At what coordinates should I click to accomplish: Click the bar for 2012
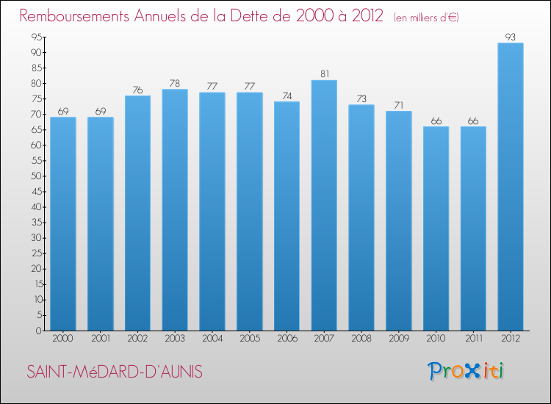click(x=511, y=187)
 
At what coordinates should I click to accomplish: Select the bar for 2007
click(x=324, y=205)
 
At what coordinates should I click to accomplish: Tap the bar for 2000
click(x=63, y=223)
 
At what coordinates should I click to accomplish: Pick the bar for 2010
click(x=436, y=228)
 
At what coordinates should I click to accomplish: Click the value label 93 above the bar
click(x=511, y=36)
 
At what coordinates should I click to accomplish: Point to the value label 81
click(x=324, y=73)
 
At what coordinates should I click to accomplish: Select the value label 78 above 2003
click(x=175, y=83)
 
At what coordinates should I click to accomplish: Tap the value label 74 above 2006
click(x=287, y=95)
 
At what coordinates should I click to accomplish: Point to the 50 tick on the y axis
click(x=35, y=176)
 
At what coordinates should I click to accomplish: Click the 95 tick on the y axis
click(x=35, y=37)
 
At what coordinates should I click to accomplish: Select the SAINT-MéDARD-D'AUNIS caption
click(x=114, y=372)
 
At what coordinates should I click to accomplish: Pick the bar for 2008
click(x=361, y=217)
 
